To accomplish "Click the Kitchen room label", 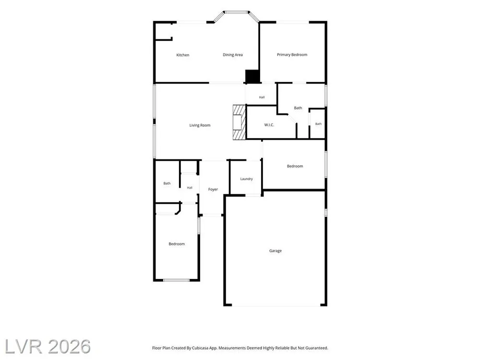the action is pos(183,55).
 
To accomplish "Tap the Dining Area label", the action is pos(233,55).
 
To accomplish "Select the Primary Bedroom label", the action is pos(292,55).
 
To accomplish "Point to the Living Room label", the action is pos(200,125).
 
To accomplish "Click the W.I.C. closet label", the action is pos(269,125).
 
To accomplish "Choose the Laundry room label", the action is pos(246,179).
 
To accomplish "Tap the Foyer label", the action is pos(213,190).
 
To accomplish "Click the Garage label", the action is pos(276,251).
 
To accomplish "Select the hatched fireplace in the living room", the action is pos(240,122).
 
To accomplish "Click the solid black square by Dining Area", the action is pos(252,76).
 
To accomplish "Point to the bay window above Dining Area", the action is pos(236,15).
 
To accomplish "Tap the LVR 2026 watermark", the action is pos(48,347).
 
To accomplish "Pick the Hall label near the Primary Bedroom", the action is pos(262,97).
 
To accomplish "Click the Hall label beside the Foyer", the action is pos(190,188).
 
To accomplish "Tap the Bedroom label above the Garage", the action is pos(295,166).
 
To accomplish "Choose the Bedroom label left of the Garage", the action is pos(177,244).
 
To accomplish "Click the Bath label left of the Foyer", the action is pos(167,183).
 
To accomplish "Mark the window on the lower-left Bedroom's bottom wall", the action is pos(176,280).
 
